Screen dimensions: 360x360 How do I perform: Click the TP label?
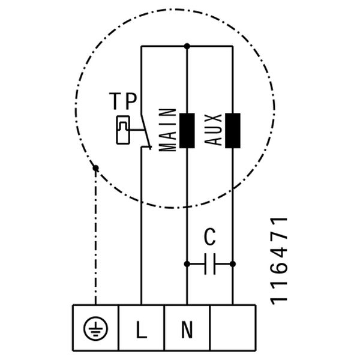point(122,101)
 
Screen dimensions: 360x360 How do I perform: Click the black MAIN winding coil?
point(187,130)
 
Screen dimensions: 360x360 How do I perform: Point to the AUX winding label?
point(214,130)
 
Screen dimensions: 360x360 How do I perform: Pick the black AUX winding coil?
point(232,130)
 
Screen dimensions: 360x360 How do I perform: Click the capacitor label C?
point(209,238)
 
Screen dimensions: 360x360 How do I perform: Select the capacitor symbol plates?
point(209,263)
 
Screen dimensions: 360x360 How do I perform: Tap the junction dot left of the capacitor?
point(187,263)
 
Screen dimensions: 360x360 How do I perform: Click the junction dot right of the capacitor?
point(233,263)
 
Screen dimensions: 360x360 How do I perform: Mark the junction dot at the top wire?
point(187,46)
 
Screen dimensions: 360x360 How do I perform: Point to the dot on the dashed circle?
point(95,168)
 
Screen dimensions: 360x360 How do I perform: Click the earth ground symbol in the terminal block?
point(95,329)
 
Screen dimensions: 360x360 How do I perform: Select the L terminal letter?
point(141,329)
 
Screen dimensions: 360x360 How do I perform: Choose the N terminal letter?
point(187,329)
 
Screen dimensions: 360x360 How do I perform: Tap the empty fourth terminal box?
point(233,328)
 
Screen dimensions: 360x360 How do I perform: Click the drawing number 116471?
point(280,260)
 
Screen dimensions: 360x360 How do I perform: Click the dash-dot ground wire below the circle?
point(95,240)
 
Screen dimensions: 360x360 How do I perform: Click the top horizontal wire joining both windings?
point(209,46)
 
